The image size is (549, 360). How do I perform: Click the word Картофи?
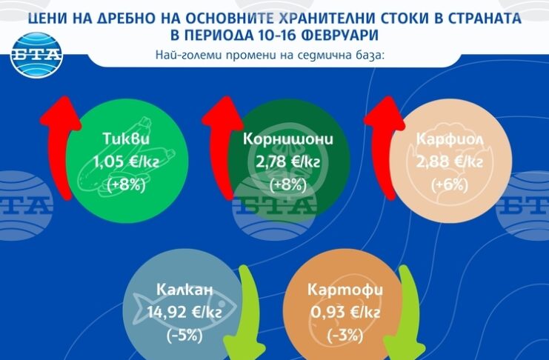(345, 290)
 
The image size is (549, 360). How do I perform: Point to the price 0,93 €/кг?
(345, 312)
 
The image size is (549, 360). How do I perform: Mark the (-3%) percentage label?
(345, 336)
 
